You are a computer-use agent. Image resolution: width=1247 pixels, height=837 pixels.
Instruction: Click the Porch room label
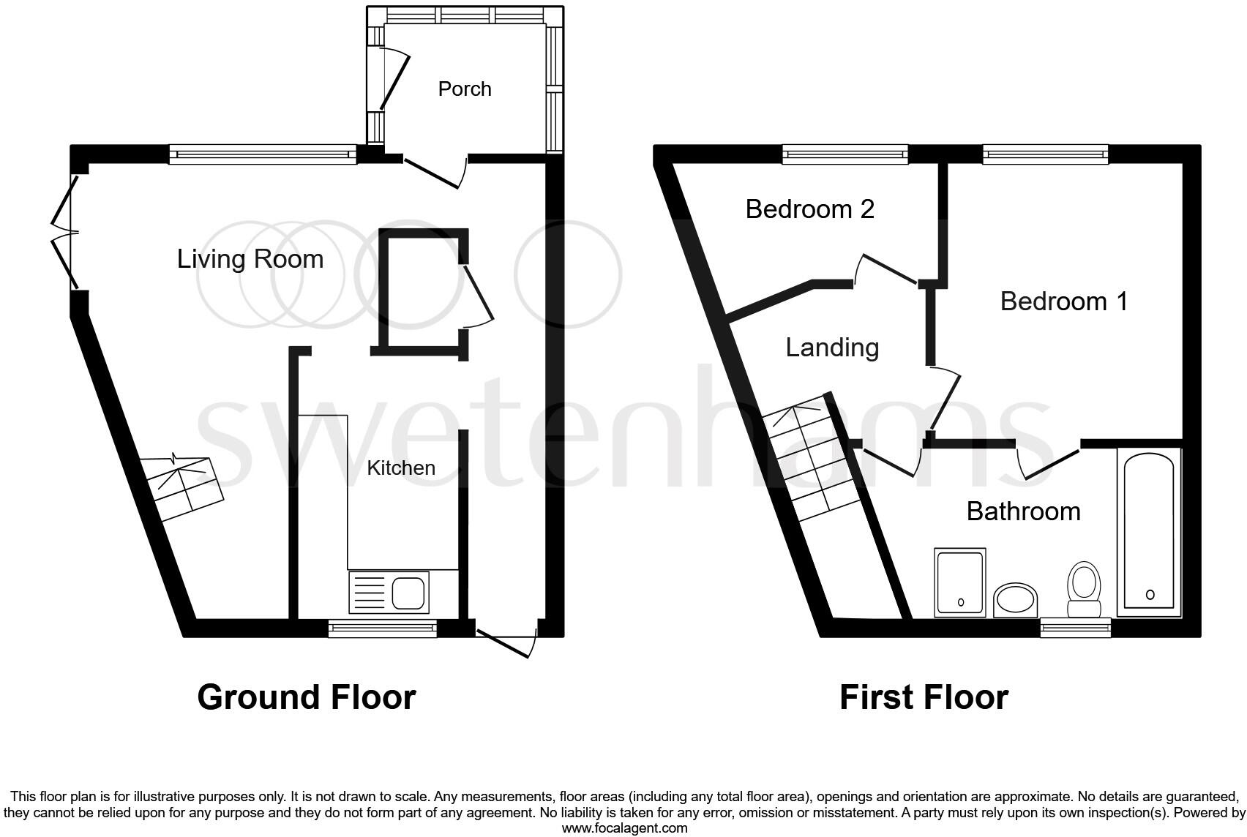(465, 89)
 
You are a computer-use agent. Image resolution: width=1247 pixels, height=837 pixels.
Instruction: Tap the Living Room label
(250, 259)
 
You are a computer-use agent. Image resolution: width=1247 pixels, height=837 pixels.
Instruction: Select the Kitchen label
(401, 468)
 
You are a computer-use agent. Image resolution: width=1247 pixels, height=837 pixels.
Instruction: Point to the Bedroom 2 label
(809, 209)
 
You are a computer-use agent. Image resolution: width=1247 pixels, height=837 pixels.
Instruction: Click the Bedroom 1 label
(1064, 301)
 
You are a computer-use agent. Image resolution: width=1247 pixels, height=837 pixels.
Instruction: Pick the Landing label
(832, 348)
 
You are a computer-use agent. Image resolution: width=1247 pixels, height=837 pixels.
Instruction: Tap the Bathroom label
(1023, 511)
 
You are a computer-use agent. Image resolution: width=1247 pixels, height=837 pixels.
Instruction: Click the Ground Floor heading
(307, 697)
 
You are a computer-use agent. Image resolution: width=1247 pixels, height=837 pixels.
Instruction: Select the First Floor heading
(924, 697)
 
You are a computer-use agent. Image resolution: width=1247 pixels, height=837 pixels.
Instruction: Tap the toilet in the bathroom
(1084, 590)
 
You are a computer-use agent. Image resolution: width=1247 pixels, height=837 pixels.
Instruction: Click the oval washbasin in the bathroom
(1016, 601)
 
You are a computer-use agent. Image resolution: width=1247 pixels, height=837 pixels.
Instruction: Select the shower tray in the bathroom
(960, 582)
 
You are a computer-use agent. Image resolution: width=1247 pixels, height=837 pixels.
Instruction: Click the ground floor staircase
(184, 486)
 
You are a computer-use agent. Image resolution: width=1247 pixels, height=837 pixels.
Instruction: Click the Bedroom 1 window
(1046, 154)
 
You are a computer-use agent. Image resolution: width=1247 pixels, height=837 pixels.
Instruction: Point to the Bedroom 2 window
(845, 154)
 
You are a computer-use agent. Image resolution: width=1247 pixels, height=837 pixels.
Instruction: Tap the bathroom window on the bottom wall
(1076, 627)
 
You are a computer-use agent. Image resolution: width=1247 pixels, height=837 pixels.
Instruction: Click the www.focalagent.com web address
(624, 829)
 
